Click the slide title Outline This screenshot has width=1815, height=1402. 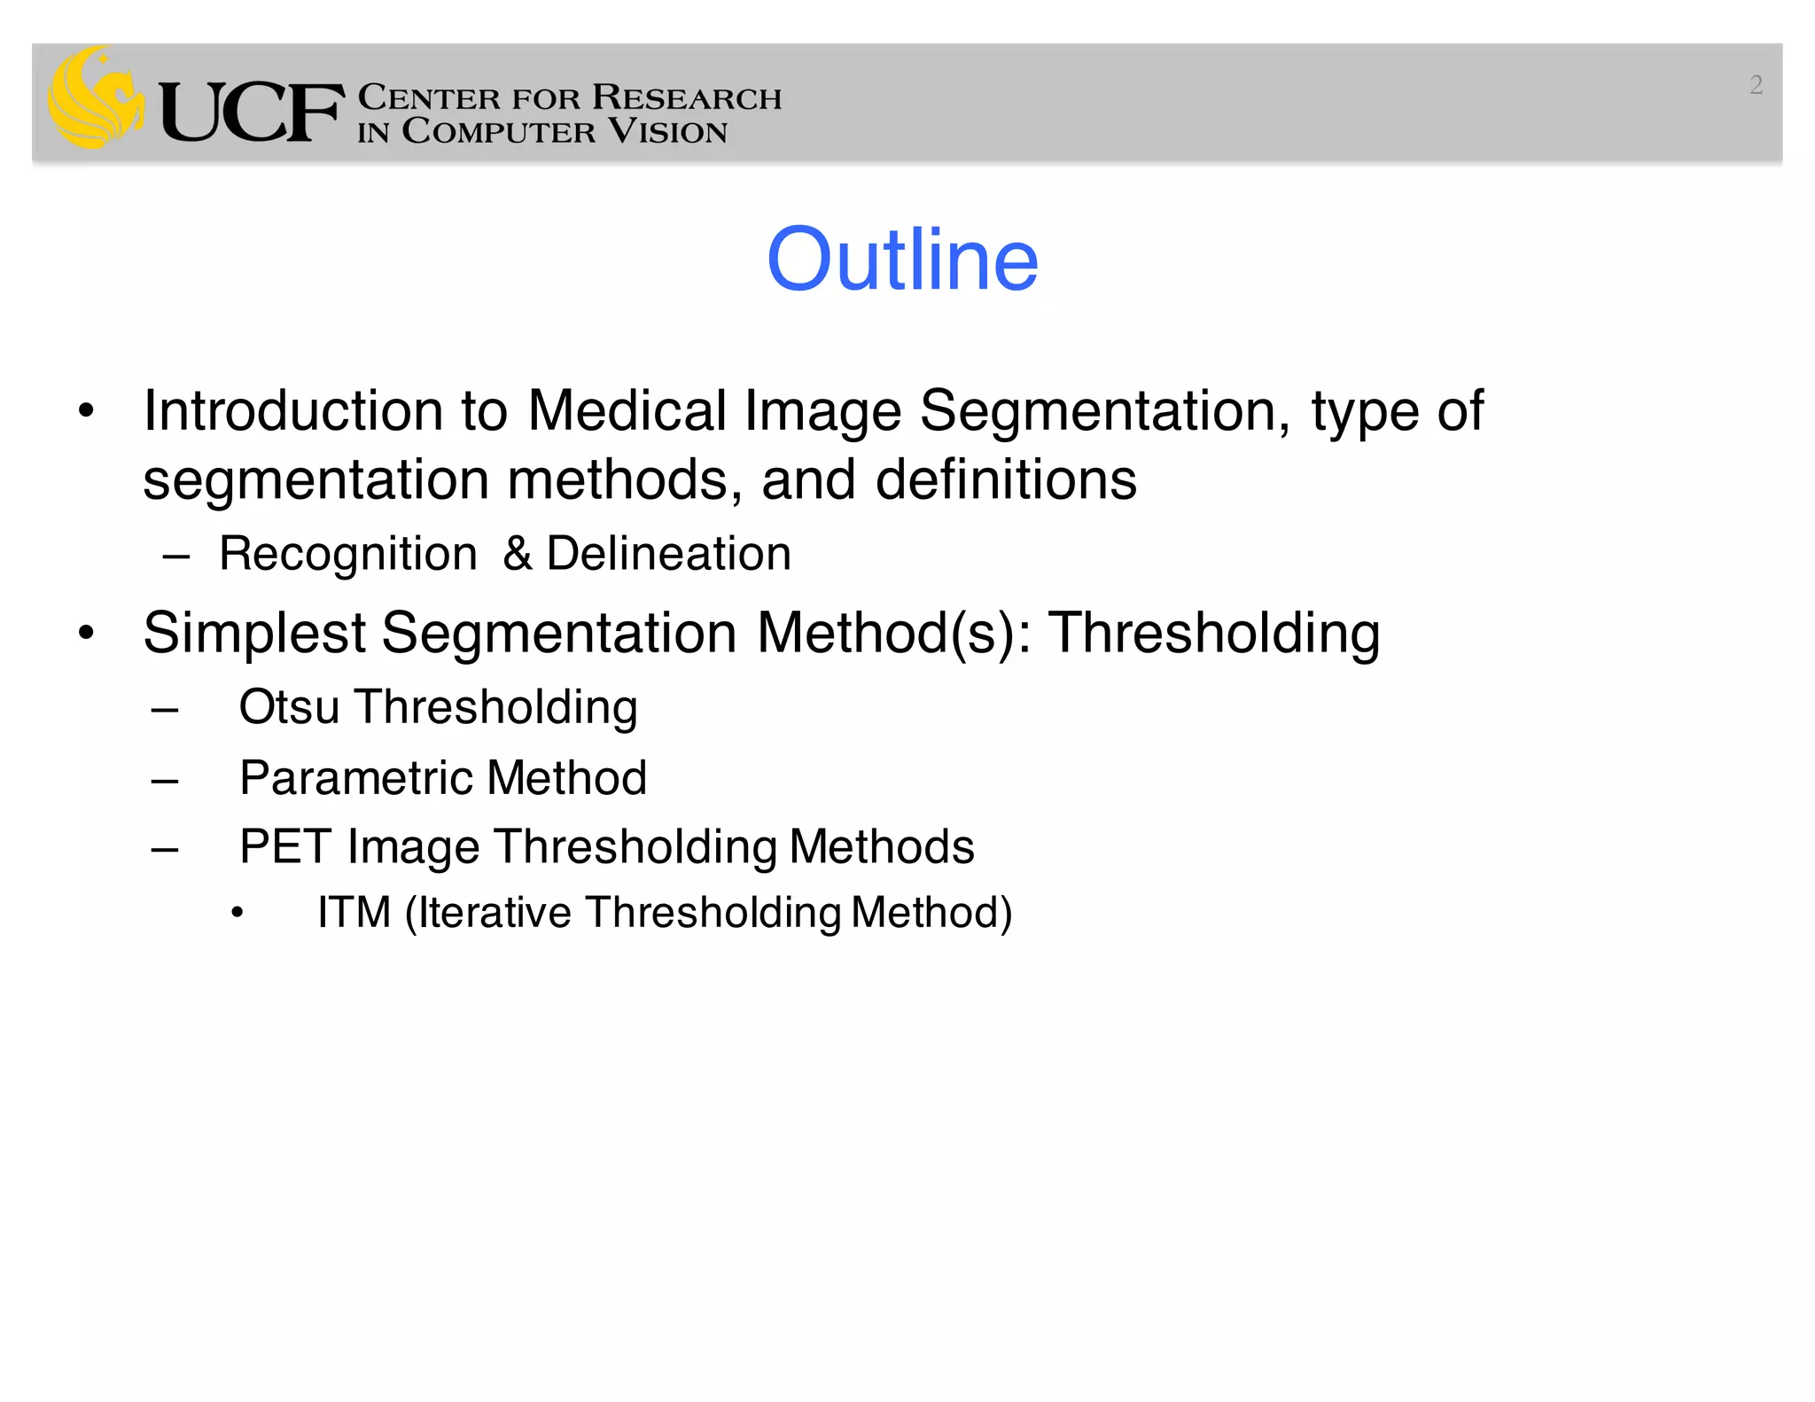pyautogui.click(x=902, y=259)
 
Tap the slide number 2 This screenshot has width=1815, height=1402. pyautogui.click(x=1756, y=85)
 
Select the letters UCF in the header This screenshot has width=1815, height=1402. pyautogui.click(x=252, y=113)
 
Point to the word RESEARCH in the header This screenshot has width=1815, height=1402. pyautogui.click(x=687, y=97)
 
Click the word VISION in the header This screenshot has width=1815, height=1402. pyautogui.click(x=668, y=132)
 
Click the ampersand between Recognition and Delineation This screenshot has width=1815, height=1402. pyautogui.click(x=518, y=554)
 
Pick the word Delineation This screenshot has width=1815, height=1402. pyautogui.click(x=668, y=554)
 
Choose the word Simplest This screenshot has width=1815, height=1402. pyautogui.click(x=254, y=634)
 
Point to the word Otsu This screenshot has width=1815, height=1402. pyautogui.click(x=289, y=707)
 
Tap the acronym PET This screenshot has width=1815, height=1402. pyautogui.click(x=284, y=846)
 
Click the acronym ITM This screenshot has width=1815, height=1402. pyautogui.click(x=354, y=913)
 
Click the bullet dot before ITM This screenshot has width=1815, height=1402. pyautogui.click(x=237, y=914)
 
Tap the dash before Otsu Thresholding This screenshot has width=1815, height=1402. pyautogui.click(x=166, y=709)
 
